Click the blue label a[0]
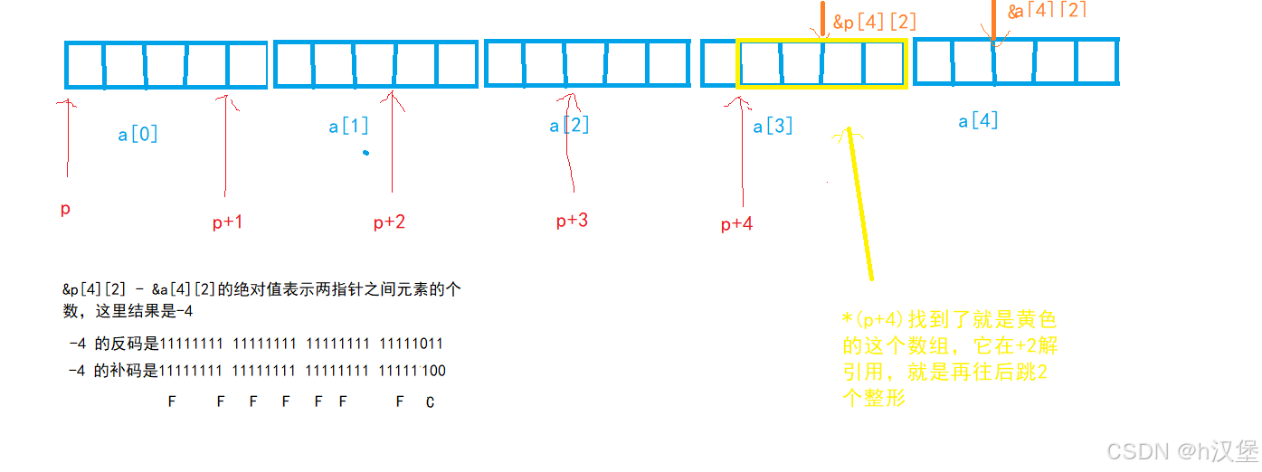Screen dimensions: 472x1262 [x=138, y=135]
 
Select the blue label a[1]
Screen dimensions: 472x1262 [x=348, y=126]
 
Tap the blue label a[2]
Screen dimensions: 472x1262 [x=569, y=125]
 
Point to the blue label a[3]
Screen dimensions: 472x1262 [x=773, y=126]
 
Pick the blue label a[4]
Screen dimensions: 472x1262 [x=978, y=120]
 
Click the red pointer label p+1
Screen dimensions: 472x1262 [x=227, y=222]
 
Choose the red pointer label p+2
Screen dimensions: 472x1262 [x=389, y=222]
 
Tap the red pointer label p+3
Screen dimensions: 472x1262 [x=572, y=220]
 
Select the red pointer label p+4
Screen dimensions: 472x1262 [x=736, y=224]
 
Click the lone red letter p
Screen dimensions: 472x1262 [x=65, y=210]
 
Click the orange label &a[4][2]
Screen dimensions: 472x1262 [x=1047, y=11]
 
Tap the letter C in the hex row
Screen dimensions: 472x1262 [x=430, y=402]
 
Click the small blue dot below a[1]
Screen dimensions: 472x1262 [x=365, y=152]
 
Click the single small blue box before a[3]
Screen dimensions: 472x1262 [x=718, y=63]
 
